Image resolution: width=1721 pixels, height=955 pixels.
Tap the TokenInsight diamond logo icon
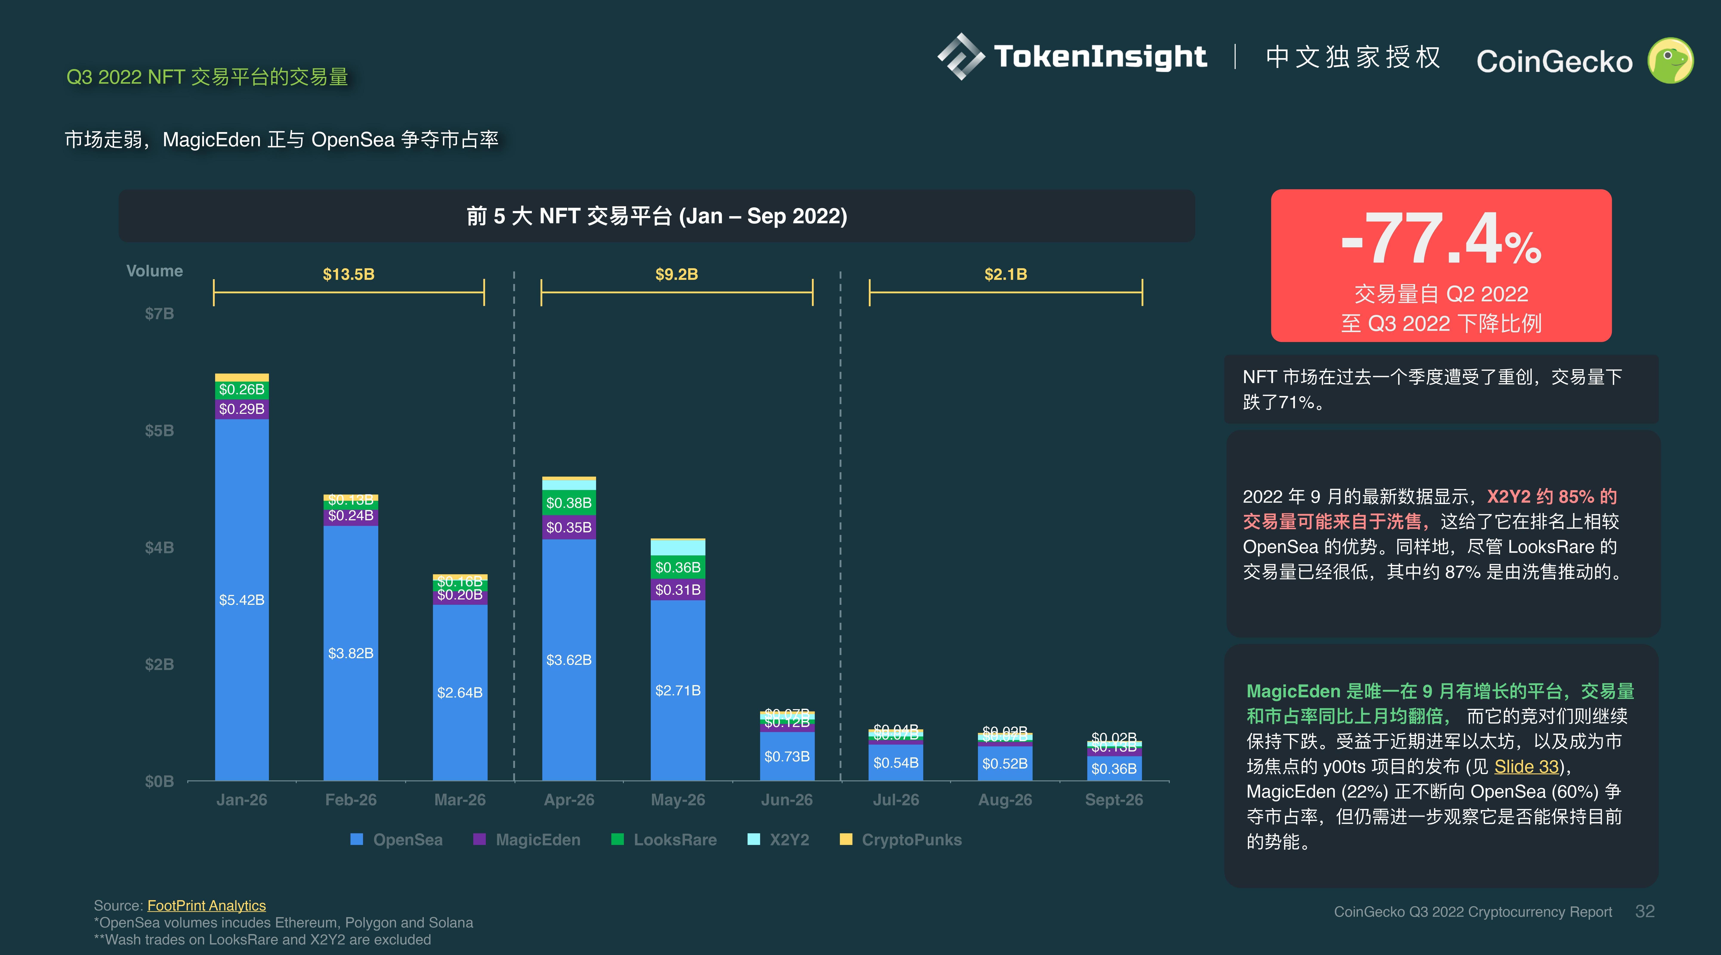(960, 57)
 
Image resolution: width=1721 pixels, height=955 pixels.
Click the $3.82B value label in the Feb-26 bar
(351, 653)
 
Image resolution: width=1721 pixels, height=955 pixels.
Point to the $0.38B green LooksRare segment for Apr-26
(569, 503)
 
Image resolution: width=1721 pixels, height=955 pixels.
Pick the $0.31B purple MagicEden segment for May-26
(677, 590)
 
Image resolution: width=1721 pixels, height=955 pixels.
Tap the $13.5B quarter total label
(348, 274)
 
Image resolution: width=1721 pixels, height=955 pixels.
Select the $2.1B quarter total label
(1005, 274)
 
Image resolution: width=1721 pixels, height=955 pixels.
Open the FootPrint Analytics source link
(207, 906)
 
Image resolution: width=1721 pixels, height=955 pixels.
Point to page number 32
(1644, 912)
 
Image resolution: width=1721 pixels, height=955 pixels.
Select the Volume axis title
(154, 271)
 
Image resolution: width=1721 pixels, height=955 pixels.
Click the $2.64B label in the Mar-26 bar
(460, 693)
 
